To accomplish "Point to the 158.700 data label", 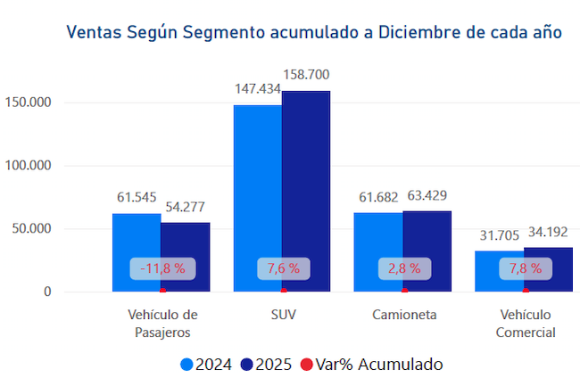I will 307,74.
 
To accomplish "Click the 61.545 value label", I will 137,197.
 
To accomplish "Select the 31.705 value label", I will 499,235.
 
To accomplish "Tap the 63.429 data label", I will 427,195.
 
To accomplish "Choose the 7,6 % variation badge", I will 283,267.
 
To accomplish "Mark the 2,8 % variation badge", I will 403,267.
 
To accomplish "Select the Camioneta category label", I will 403,316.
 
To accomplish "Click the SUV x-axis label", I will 283,316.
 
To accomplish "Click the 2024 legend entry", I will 206,364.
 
